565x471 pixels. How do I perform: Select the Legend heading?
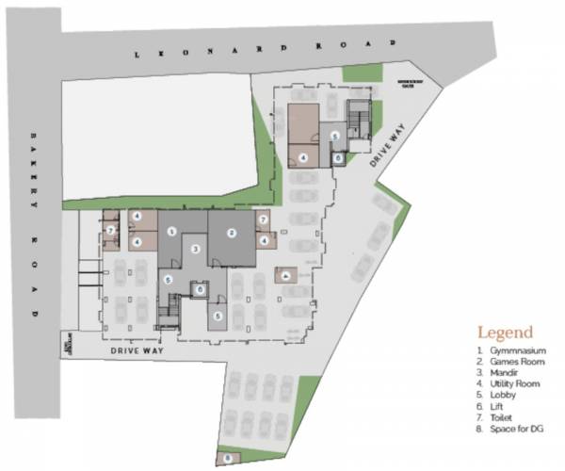[505, 333]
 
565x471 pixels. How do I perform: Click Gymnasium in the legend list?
[512, 351]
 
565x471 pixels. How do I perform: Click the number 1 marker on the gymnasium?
[171, 231]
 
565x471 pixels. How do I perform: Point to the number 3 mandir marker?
[195, 249]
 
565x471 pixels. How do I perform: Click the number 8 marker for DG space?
[227, 458]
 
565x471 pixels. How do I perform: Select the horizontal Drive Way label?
[137, 350]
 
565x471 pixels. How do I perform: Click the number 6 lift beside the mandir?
[201, 290]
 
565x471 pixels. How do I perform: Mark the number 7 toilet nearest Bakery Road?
[110, 229]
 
